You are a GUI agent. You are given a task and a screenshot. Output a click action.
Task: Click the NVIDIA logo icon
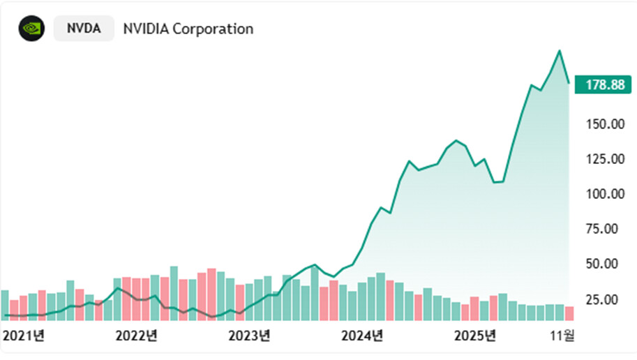click(x=31, y=29)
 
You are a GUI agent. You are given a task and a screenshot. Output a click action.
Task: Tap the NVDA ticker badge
click(x=84, y=29)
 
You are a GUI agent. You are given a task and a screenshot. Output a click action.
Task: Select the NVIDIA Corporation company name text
click(x=188, y=29)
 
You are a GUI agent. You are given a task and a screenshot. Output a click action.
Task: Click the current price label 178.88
click(x=605, y=84)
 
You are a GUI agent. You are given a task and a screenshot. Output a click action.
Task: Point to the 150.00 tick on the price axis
click(x=604, y=124)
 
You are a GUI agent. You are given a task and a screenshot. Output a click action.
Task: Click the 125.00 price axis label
click(x=604, y=159)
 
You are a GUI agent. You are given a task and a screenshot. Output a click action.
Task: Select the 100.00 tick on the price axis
click(x=604, y=194)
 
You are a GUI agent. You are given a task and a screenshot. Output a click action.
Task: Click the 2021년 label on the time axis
click(x=24, y=336)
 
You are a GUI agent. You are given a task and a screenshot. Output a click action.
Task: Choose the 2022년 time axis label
click(x=136, y=336)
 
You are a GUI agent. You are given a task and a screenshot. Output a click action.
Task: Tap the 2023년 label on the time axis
click(x=249, y=336)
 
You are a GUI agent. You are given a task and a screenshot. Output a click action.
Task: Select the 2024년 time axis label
click(x=362, y=336)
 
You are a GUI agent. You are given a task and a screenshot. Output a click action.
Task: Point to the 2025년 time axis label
click(x=474, y=336)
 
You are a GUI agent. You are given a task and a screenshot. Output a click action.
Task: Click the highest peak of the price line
click(x=559, y=50)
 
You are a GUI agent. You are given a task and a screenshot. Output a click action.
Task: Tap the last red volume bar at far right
click(x=569, y=313)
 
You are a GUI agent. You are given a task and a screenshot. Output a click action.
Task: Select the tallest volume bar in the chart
click(x=174, y=293)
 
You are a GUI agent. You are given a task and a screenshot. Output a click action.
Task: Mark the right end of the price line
click(x=569, y=83)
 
